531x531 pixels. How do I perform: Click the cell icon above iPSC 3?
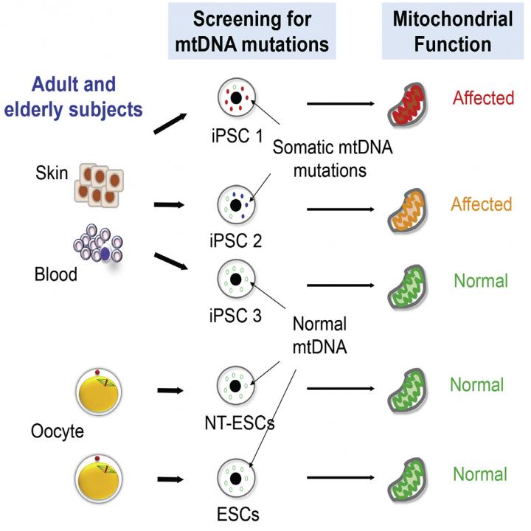click(235, 281)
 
